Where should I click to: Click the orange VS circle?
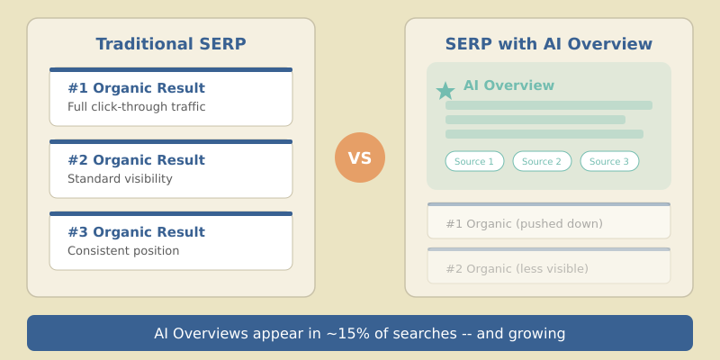click(x=360, y=157)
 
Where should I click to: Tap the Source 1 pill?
click(x=474, y=161)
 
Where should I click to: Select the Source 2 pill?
click(x=542, y=161)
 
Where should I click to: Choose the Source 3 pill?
click(x=609, y=161)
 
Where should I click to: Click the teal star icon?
click(x=445, y=91)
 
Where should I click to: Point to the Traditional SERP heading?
click(x=171, y=44)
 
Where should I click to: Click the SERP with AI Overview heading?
click(x=549, y=44)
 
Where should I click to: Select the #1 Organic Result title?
click(x=136, y=88)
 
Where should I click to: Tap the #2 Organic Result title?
click(x=136, y=160)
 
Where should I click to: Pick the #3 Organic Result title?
click(x=136, y=232)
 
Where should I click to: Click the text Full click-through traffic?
click(x=137, y=107)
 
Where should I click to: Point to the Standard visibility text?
click(x=120, y=179)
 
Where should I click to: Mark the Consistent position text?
click(x=123, y=251)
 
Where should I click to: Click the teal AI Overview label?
click(x=508, y=85)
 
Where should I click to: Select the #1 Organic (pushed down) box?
click(x=549, y=221)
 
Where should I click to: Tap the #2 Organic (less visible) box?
click(x=549, y=266)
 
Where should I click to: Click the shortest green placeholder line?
click(x=535, y=120)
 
